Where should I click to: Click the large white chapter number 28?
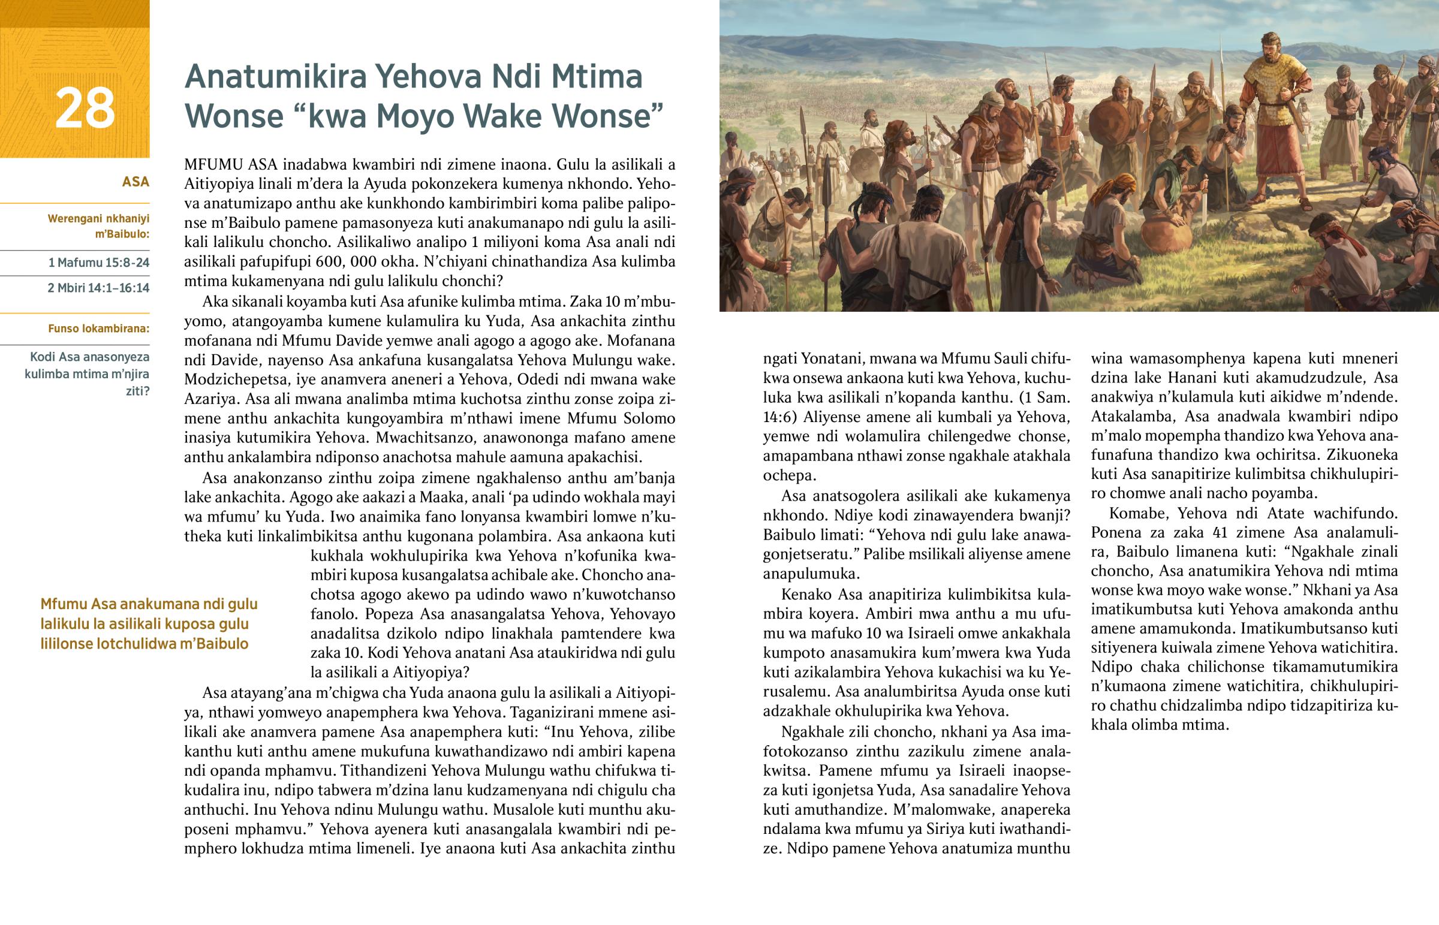point(85,108)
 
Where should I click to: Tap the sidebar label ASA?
point(135,182)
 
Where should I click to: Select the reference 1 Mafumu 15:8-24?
point(98,263)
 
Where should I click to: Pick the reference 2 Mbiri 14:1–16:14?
point(98,288)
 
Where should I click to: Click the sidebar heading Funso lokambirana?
point(98,329)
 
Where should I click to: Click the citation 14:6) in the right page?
point(779,417)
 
